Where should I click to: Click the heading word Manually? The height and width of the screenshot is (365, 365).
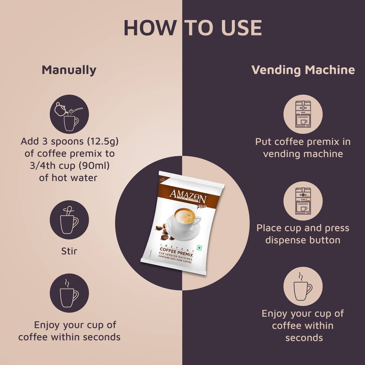[69, 70]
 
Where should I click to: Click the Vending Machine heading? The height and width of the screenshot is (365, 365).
[303, 70]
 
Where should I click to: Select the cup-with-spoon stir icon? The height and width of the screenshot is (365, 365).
[69, 220]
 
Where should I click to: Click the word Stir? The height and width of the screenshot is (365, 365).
[69, 251]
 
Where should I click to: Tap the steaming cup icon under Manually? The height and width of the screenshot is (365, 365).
[69, 293]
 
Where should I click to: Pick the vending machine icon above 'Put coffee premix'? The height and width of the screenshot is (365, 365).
[303, 114]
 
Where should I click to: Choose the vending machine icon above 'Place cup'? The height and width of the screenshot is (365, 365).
[303, 201]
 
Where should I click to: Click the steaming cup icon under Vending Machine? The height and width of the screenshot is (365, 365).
[303, 286]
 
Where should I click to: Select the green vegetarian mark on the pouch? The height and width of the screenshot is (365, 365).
[199, 248]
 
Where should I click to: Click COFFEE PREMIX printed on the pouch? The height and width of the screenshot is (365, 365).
[176, 250]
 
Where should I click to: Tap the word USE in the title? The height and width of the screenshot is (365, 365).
[238, 28]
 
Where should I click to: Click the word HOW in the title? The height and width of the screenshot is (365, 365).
[150, 28]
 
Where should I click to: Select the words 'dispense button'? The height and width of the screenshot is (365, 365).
[303, 240]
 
